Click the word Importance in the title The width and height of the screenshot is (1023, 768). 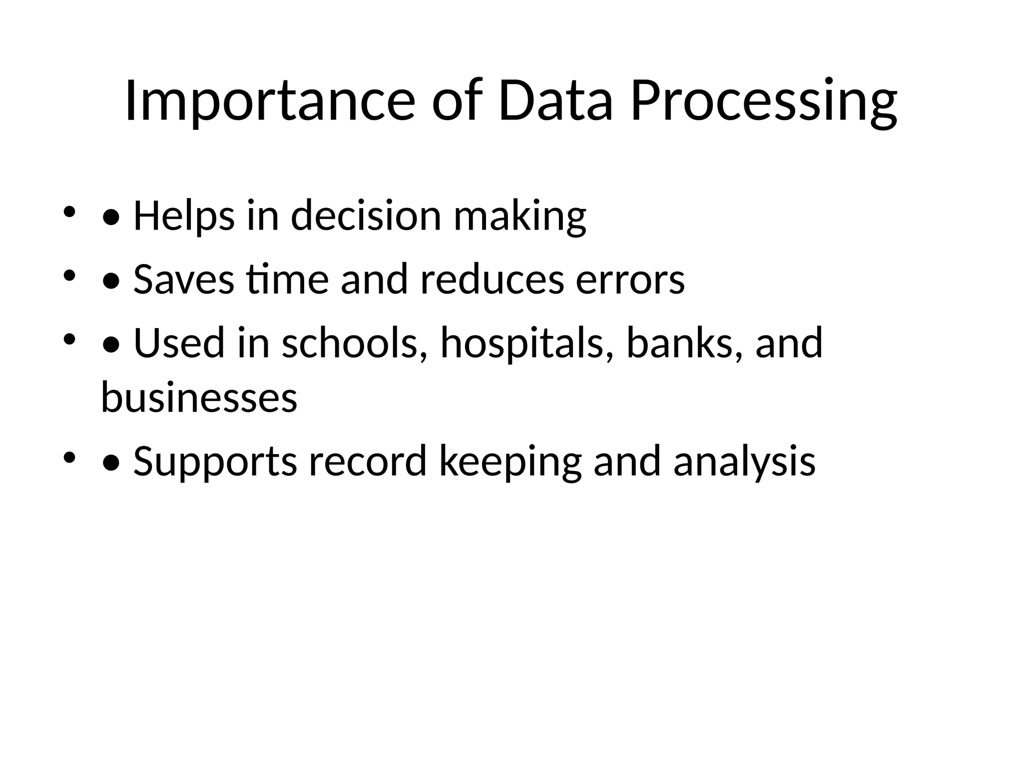click(270, 101)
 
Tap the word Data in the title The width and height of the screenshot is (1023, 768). click(555, 101)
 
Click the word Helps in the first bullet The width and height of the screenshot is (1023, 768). click(184, 216)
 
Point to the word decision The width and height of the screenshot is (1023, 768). click(366, 216)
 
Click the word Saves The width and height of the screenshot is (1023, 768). click(183, 279)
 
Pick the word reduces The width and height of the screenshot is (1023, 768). click(492, 279)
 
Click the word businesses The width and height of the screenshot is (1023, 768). click(199, 397)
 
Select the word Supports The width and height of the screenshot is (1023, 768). click(215, 462)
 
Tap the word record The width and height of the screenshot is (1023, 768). click(368, 461)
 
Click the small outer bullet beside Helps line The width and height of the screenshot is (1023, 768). click(69, 211)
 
